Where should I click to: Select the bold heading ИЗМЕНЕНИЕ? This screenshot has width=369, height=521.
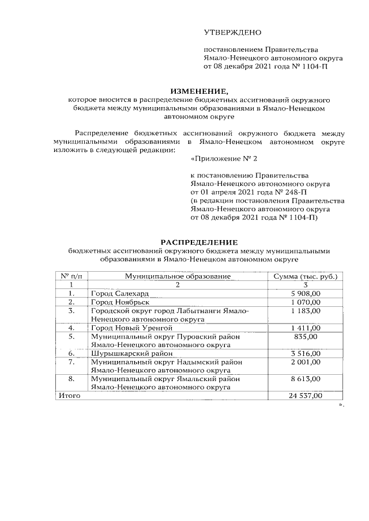click(199, 91)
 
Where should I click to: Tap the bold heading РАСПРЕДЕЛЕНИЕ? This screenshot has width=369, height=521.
click(198, 242)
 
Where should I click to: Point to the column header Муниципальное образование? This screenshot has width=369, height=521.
click(178, 277)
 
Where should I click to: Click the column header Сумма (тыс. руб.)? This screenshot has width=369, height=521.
click(305, 277)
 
